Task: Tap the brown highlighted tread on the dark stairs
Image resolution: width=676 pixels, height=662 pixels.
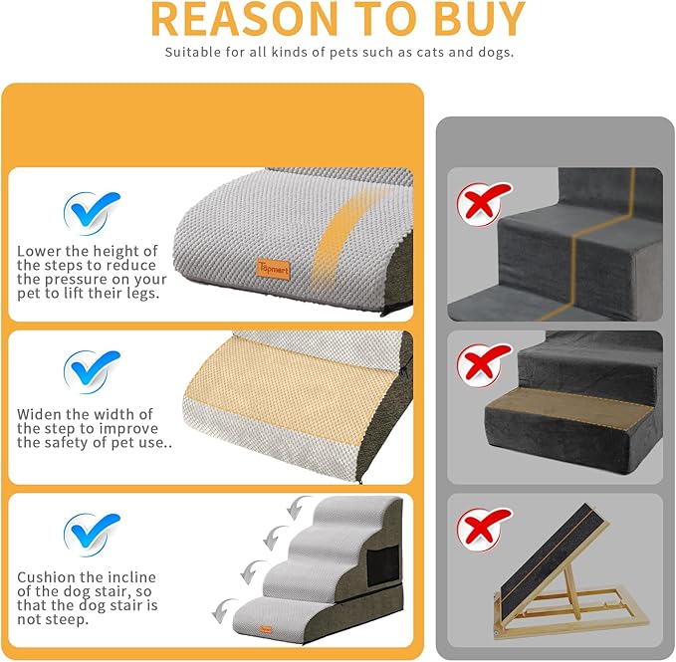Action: point(543,406)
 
